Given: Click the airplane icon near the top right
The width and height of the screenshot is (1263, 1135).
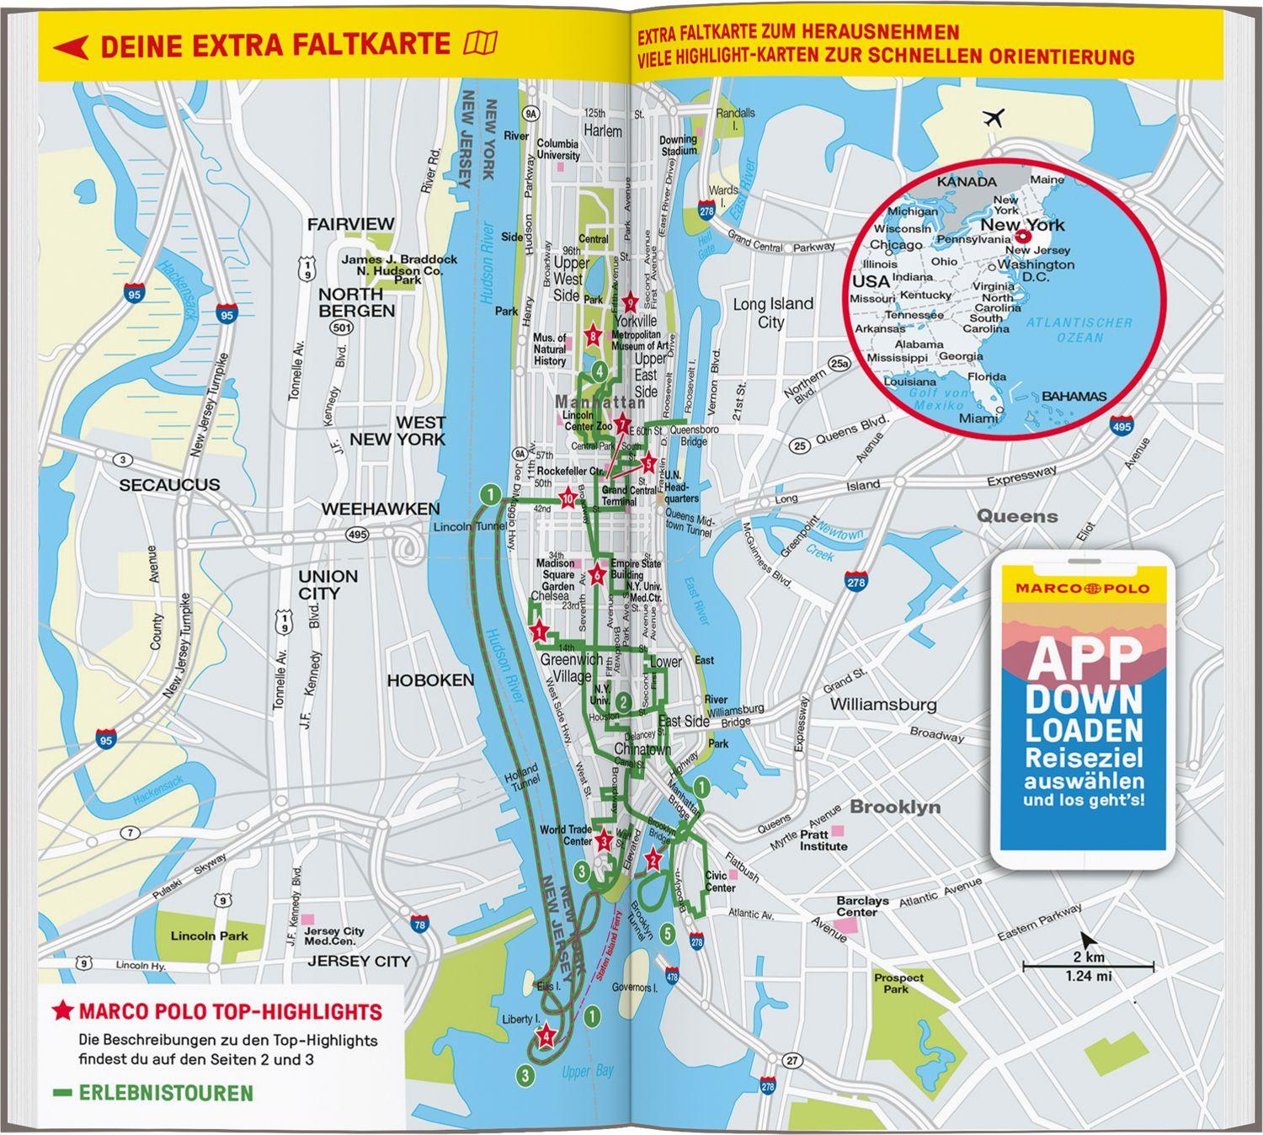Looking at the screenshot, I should [994, 118].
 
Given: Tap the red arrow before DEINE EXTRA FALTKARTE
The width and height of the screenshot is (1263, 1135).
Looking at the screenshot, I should [71, 46].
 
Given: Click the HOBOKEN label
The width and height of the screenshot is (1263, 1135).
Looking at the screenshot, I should [430, 679].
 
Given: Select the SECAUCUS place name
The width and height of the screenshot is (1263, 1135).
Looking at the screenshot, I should [169, 485].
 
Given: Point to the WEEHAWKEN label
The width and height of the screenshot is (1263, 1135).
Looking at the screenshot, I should [381, 509].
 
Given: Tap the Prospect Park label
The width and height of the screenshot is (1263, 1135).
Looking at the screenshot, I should [898, 983].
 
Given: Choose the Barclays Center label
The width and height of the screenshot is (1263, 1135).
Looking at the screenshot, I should [862, 906].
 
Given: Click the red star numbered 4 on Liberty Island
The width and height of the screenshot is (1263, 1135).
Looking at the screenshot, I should [546, 1036].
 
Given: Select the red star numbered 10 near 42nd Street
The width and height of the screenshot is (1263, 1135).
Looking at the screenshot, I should [568, 498].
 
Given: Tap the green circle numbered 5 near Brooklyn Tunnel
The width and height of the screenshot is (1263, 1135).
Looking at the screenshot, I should [667, 933].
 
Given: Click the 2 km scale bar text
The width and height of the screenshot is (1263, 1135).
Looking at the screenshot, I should [1088, 957].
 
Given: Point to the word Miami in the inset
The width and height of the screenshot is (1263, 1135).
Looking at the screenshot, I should [978, 418].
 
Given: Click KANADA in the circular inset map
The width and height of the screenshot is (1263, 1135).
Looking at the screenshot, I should [967, 181].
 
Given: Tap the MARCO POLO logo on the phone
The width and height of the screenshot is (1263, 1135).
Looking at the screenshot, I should [1082, 588].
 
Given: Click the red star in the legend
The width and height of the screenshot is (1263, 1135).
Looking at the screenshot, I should [63, 1011].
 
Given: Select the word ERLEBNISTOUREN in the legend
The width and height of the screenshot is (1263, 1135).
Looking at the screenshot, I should [165, 1094].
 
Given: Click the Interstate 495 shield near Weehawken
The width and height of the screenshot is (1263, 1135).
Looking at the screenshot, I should [356, 535].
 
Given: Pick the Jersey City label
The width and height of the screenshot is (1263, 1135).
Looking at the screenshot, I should [359, 961].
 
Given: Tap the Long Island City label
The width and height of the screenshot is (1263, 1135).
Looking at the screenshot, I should [772, 312].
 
